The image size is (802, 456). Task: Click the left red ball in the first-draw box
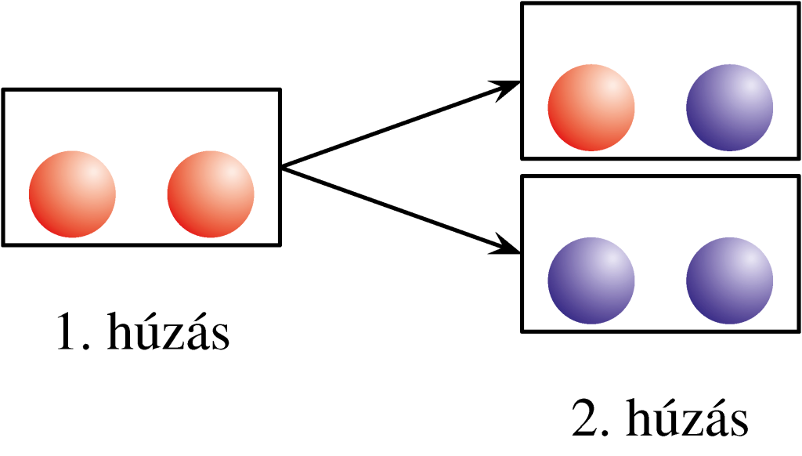[x=72, y=194]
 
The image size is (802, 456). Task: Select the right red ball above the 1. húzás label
[x=211, y=194]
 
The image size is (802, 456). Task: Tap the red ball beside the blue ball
[x=591, y=107]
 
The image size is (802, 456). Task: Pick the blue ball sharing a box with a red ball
[x=730, y=107]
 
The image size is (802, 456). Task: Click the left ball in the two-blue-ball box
[x=591, y=280]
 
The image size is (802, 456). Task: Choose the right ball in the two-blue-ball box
[x=730, y=280]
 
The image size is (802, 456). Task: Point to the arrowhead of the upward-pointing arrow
[x=509, y=85]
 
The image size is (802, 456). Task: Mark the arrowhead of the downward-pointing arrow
[x=509, y=249]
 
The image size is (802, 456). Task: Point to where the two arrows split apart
[x=284, y=167]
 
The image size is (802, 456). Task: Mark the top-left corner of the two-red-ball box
[x=5, y=91]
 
